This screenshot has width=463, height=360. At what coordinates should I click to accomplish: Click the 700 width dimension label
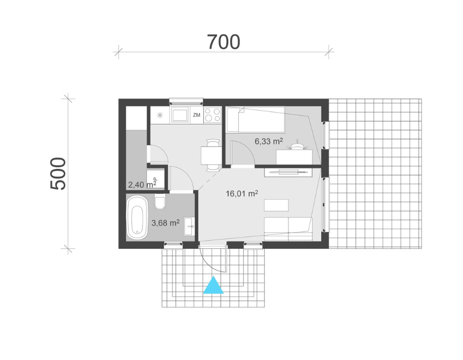(x=224, y=42)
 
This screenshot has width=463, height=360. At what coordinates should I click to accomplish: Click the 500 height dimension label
(x=58, y=173)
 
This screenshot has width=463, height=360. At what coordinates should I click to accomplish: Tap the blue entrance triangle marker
(x=213, y=285)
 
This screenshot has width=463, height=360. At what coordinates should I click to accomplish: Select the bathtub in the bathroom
(x=137, y=217)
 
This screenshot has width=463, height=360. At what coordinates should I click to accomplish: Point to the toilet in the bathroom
(x=160, y=202)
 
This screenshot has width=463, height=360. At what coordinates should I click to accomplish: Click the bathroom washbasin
(x=189, y=226)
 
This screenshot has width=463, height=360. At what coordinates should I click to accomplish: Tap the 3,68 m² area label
(x=165, y=223)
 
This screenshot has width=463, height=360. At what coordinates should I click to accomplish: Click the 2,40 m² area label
(x=142, y=185)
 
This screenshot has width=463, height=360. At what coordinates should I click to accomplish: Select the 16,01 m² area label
(x=242, y=193)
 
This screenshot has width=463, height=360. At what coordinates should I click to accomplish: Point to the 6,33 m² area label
(x=269, y=141)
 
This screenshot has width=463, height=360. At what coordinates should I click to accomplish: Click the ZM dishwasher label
(x=197, y=115)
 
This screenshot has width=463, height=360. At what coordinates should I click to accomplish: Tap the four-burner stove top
(x=212, y=115)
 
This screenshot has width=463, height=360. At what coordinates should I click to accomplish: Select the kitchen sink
(x=180, y=115)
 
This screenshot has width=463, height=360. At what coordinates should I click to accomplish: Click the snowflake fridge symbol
(x=160, y=115)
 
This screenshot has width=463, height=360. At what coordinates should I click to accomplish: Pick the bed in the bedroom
(x=255, y=119)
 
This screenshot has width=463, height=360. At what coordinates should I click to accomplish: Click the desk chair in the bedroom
(x=297, y=145)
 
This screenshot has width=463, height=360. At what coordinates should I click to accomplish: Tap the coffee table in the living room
(x=276, y=205)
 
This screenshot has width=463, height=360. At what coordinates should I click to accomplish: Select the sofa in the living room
(x=288, y=229)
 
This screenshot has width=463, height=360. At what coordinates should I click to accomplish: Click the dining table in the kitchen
(x=211, y=155)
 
